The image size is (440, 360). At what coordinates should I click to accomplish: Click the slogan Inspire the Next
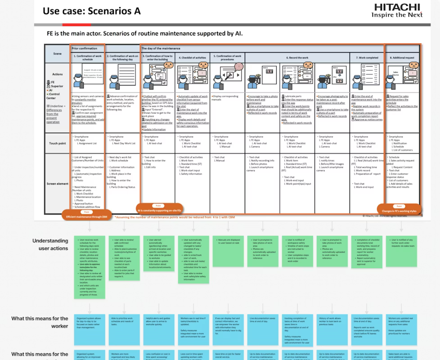point(397,15)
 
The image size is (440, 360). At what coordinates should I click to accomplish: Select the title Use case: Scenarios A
point(91,11)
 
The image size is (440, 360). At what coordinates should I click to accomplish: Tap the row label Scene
point(57,54)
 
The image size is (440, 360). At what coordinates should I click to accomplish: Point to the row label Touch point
point(57,143)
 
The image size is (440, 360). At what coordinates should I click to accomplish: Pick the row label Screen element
point(57,184)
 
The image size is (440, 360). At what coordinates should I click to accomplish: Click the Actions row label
point(57,75)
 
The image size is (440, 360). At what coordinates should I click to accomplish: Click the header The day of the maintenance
point(161,48)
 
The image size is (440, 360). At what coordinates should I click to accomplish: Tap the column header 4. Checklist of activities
point(192,58)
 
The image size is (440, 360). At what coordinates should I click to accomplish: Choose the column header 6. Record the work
point(297,58)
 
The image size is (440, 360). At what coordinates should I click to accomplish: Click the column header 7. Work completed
point(367,58)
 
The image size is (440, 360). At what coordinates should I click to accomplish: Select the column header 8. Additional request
point(401,58)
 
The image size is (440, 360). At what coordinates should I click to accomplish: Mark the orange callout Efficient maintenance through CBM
point(86,216)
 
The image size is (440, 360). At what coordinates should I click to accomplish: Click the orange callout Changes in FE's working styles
point(399,211)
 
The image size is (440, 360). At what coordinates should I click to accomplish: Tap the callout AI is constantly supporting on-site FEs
point(160,210)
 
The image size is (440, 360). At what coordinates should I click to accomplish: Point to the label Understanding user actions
point(50,244)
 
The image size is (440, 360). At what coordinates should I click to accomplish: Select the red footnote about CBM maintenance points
point(175,217)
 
